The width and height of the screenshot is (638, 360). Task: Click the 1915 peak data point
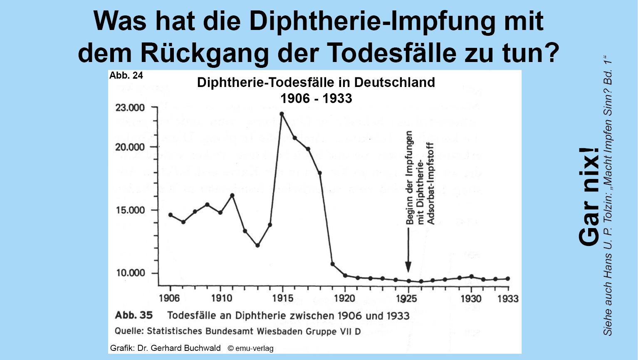point(282,114)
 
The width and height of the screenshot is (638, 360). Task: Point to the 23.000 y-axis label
point(130,108)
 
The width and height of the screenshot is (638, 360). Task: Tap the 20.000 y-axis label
point(130,147)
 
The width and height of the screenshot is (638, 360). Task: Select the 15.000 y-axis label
point(130,210)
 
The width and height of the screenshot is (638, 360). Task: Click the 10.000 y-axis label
point(130,273)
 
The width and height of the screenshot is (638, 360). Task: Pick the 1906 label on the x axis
point(169,298)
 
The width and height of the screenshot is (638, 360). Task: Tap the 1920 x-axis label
point(345,298)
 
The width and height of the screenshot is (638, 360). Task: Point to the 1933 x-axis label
point(508,298)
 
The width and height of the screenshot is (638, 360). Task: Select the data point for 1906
point(171,215)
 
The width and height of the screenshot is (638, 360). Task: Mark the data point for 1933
point(508,279)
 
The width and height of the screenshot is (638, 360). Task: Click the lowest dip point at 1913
point(257,246)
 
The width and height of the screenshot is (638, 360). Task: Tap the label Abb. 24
point(126,75)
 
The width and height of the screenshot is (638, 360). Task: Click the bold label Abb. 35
point(134,315)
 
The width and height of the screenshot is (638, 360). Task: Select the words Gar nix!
point(589,196)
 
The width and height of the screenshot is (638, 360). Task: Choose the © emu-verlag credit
point(251,348)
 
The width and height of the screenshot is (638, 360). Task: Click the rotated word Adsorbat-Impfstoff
point(431,184)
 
